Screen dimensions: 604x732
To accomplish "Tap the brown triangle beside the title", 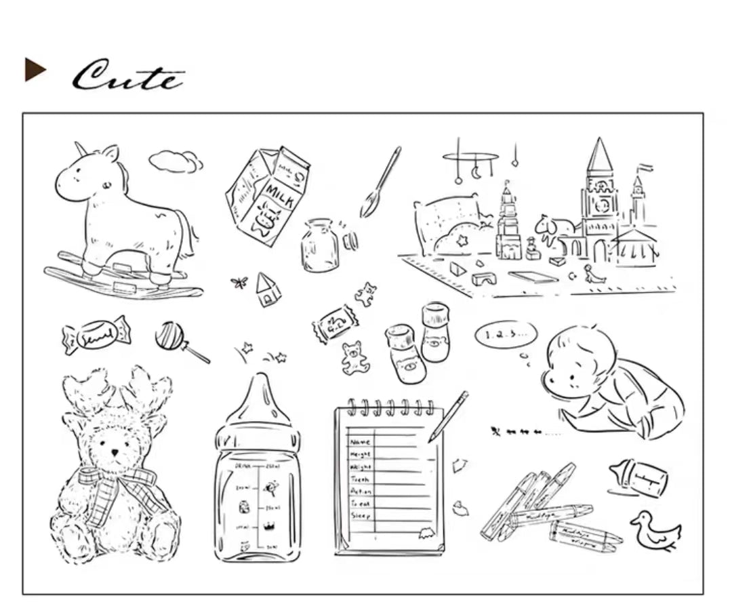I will [x=35, y=69].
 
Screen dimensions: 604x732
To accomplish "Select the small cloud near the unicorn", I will [x=176, y=161].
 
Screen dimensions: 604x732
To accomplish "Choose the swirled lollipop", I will [x=169, y=336].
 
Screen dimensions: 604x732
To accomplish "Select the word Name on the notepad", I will [x=359, y=441].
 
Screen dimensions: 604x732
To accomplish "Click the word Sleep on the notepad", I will [x=359, y=516].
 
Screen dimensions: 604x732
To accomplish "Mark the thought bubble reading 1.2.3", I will [x=505, y=334].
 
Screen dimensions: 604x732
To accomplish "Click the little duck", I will [x=653, y=529].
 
